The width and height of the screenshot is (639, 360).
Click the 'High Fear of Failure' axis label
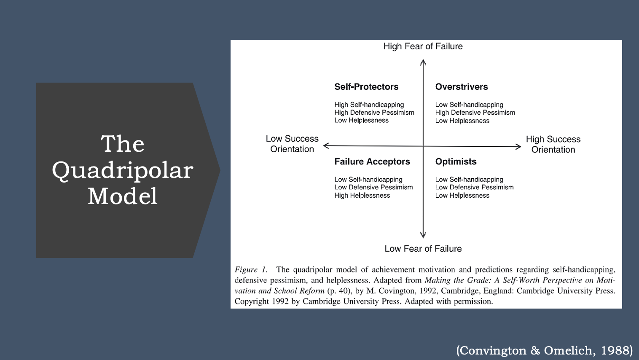[x=423, y=46]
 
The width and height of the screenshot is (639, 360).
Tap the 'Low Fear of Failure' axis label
[x=423, y=248]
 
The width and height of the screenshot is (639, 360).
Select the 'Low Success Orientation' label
[x=292, y=144]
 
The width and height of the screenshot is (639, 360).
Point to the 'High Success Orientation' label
[x=553, y=144]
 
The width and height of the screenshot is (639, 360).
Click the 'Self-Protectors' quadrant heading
[x=366, y=87]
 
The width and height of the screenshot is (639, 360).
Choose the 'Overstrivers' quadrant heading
[x=462, y=87]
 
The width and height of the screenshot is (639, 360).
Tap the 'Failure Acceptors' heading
[x=372, y=161]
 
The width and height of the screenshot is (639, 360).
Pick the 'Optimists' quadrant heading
[x=456, y=161]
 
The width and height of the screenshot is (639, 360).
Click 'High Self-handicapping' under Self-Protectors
[x=369, y=105]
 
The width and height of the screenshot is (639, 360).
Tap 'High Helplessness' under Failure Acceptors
[x=362, y=196]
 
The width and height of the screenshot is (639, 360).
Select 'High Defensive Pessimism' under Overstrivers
[x=475, y=113]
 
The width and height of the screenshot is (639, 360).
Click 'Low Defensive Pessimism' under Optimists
[x=474, y=187]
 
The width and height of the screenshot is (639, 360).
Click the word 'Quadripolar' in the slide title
[x=123, y=171]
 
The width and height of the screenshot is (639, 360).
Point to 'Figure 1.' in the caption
[x=251, y=269]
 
